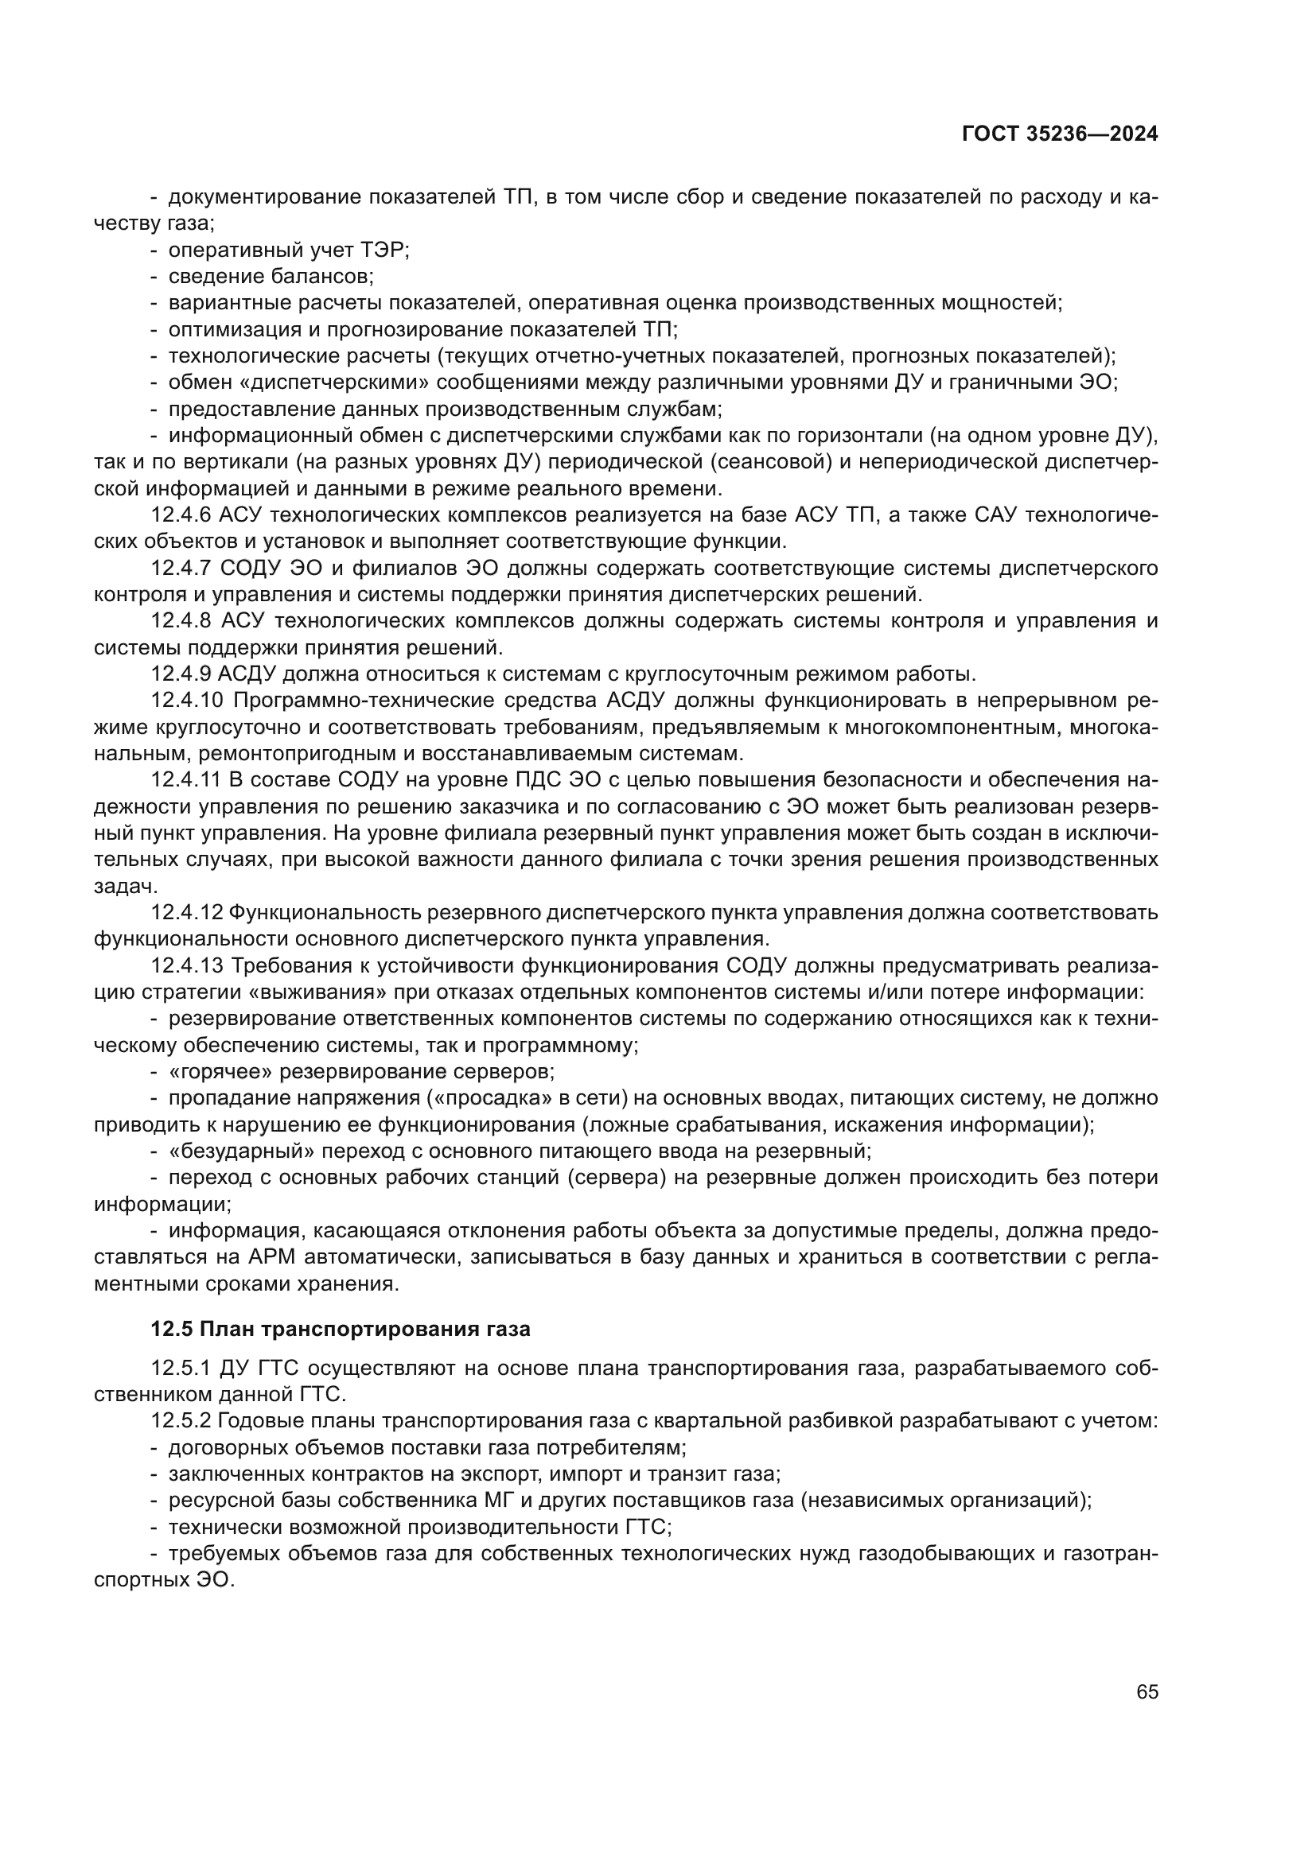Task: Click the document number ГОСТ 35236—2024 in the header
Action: coord(1060,134)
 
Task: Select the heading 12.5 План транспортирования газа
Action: coord(341,1330)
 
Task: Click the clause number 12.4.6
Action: coord(181,515)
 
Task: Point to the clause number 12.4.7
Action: coord(181,568)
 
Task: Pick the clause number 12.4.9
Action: coord(181,674)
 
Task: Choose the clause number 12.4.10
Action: coord(185,701)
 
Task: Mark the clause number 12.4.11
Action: coord(185,780)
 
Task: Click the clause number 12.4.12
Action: coord(185,913)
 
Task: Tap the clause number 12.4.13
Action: coord(185,965)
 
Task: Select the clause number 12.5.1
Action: coord(181,1369)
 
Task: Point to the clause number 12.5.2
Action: coord(181,1421)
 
